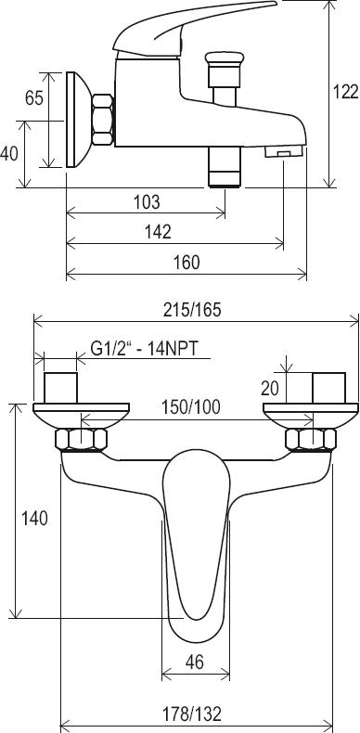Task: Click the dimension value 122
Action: [x=345, y=92]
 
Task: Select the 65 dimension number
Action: [x=34, y=98]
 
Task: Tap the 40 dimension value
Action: [x=9, y=153]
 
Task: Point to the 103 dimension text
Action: [x=147, y=202]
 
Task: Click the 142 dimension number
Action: [x=159, y=232]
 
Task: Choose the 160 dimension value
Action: [x=186, y=263]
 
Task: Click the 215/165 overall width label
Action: [x=192, y=310]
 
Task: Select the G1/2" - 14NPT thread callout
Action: [x=145, y=348]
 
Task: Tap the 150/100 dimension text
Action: [x=191, y=407]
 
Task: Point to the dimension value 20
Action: [x=270, y=388]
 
